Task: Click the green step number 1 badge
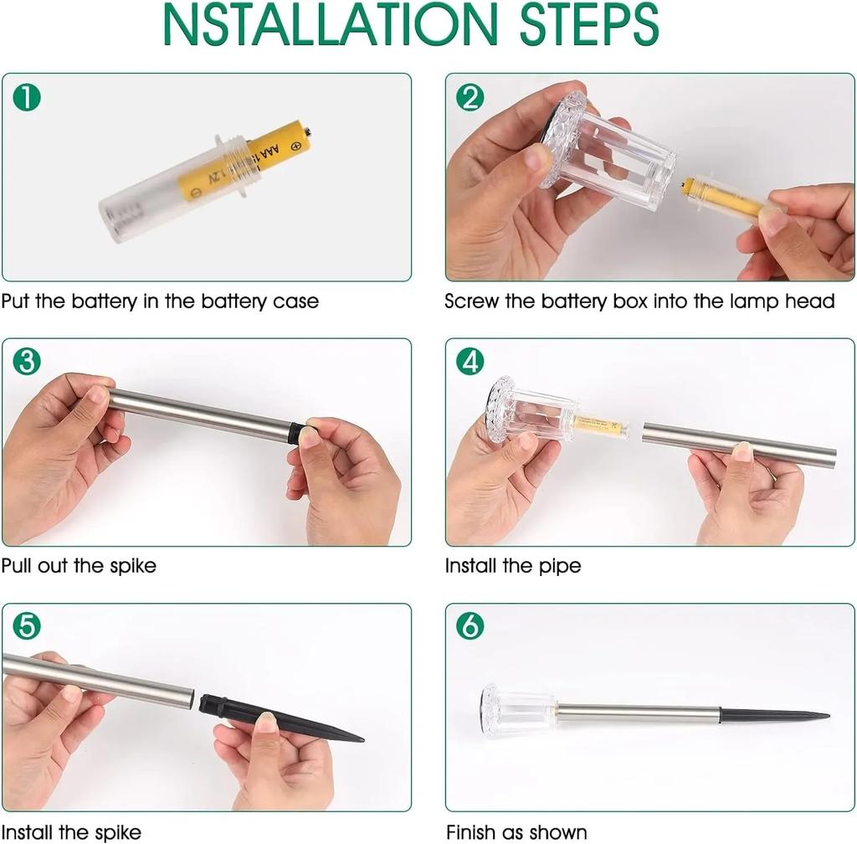27,97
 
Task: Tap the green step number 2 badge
470,97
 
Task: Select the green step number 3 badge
27,362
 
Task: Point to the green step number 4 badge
470,362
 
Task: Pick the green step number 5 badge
27,626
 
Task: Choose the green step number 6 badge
470,626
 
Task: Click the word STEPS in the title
588,24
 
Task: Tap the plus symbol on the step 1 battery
295,146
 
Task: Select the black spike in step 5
280,718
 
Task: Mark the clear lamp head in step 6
518,710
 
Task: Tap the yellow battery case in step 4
601,426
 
